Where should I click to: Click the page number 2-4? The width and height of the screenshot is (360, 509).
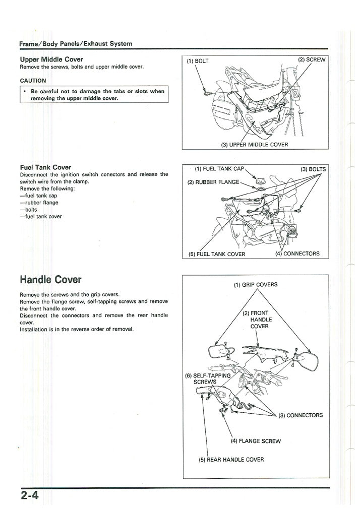point(30,495)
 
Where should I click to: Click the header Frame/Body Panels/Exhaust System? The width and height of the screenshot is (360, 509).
point(76,44)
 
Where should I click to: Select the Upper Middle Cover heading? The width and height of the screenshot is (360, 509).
point(51,59)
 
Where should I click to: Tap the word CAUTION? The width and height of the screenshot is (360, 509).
point(33,81)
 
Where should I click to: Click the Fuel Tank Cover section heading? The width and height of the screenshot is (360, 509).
point(45,167)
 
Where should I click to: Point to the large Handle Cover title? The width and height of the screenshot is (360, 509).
point(50,279)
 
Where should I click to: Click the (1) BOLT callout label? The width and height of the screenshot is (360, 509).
point(198,61)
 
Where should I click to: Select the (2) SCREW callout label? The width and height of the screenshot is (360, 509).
point(312,59)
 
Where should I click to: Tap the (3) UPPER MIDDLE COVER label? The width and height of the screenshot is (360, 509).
point(255,145)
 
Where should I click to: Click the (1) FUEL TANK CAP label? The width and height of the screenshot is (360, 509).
point(219,169)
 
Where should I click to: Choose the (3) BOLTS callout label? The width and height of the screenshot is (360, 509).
point(313,169)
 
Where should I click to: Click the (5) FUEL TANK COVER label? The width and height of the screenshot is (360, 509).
point(217,254)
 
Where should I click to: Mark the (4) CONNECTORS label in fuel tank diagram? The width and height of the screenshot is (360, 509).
point(297,253)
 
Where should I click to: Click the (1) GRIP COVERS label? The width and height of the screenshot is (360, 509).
point(256,284)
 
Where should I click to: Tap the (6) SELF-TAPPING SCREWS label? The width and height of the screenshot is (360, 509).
point(208,378)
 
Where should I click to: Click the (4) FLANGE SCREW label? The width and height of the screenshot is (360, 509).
point(256,441)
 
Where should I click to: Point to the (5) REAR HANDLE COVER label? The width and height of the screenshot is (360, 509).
point(231,459)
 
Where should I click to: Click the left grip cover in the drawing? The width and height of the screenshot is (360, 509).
point(218,351)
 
